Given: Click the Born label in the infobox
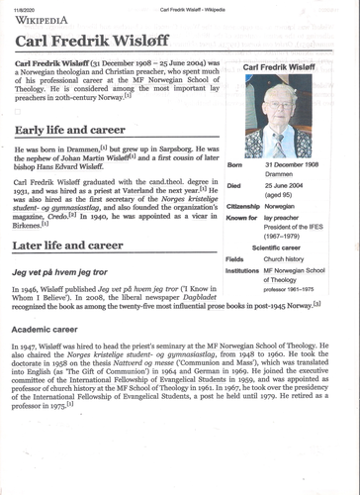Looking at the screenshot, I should (234, 165).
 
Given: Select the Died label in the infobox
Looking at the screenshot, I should (234, 185).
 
